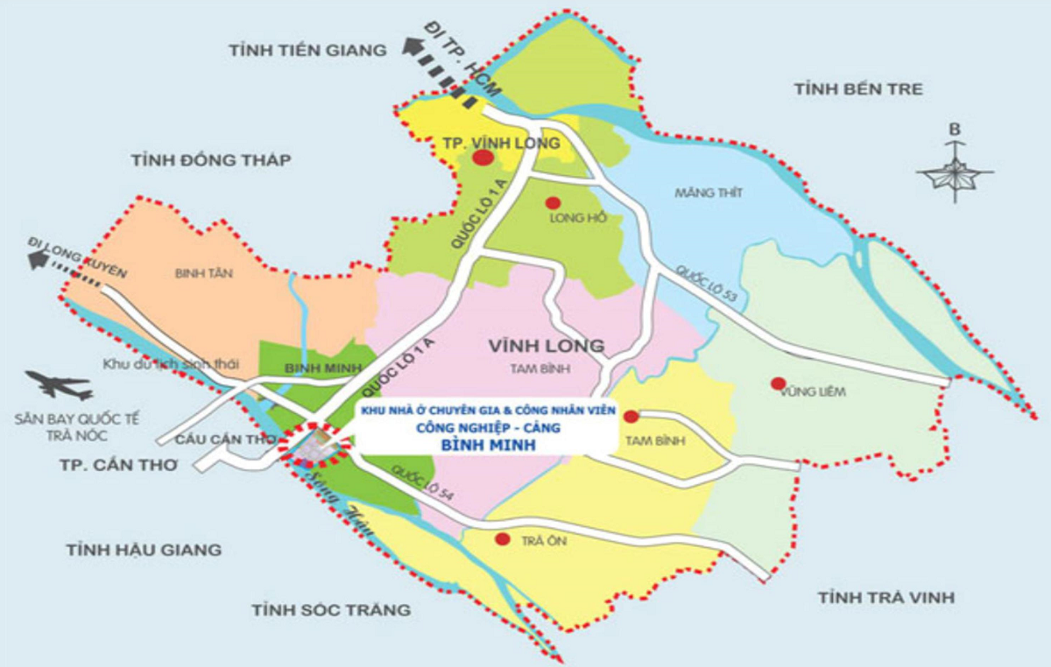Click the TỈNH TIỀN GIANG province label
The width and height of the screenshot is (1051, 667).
click(x=307, y=51)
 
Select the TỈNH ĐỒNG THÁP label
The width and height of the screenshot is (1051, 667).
click(x=210, y=160)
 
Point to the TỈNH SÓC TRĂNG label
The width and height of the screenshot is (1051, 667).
click(x=331, y=609)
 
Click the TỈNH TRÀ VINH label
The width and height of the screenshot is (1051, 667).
click(x=885, y=598)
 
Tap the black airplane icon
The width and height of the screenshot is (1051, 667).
click(x=60, y=384)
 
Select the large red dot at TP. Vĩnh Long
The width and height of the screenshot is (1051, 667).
click(x=483, y=158)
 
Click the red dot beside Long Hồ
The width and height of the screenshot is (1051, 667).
click(x=553, y=203)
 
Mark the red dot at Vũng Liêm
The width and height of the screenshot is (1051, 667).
click(x=777, y=383)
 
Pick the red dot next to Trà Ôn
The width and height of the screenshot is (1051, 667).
click(x=502, y=539)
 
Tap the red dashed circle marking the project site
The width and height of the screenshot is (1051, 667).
click(x=314, y=442)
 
